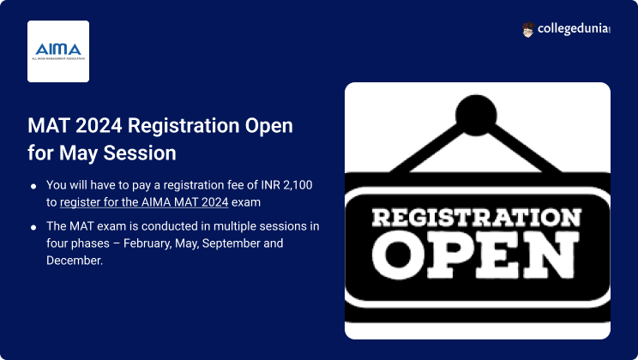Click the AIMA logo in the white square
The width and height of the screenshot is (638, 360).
[58, 51]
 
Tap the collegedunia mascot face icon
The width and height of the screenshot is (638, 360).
[527, 30]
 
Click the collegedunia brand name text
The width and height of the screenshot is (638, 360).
[574, 29]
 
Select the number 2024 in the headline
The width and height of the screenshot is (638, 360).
[99, 125]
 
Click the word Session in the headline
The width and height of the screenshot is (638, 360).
[140, 153]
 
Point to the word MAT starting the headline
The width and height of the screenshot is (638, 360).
[49, 125]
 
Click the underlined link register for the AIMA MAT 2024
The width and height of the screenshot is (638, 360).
[144, 202]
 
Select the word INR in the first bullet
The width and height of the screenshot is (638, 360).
[271, 185]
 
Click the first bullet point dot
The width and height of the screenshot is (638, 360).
[33, 186]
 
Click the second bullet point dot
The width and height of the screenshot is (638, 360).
[33, 227]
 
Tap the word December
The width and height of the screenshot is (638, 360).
[75, 261]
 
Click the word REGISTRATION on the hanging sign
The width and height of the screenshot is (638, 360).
[477, 217]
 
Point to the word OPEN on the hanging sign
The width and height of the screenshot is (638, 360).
[476, 255]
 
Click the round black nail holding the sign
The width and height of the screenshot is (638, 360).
[476, 115]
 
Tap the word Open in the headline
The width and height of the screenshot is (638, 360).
[269, 126]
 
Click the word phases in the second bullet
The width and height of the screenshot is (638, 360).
[87, 243]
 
